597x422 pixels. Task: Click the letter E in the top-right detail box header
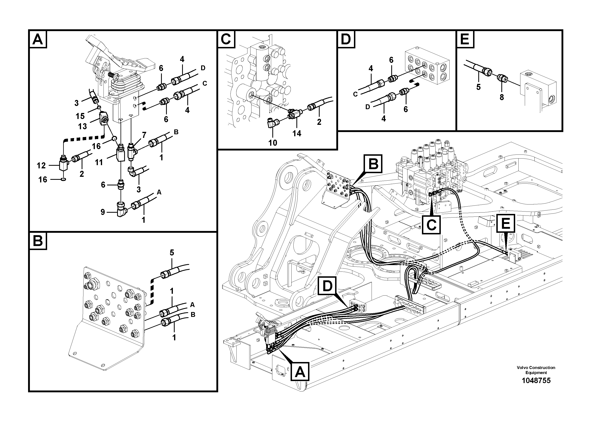tap(465, 40)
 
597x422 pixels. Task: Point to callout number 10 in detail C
tap(273, 143)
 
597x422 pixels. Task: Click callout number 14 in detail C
tap(297, 133)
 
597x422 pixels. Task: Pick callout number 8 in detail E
tap(502, 97)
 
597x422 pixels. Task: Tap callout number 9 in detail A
tap(103, 212)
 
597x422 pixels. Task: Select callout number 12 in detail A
tap(41, 166)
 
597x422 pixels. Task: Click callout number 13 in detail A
tap(82, 126)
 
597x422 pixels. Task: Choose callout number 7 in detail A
tap(144, 135)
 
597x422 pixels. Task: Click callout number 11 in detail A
tap(99, 162)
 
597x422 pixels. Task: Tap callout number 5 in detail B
tap(172, 253)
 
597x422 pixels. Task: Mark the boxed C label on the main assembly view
tap(431, 225)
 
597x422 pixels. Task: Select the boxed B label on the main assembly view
tap(373, 164)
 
